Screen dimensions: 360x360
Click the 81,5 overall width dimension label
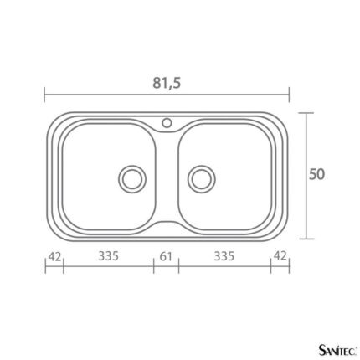(x=167, y=83)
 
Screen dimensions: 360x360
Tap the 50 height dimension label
(x=316, y=174)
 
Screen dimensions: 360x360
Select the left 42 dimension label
(x=54, y=257)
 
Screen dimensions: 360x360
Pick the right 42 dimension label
(x=280, y=255)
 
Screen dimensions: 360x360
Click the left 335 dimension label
(x=108, y=256)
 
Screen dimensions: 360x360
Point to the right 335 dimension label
(x=224, y=256)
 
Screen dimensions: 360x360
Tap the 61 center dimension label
(x=166, y=256)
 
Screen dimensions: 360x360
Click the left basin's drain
(x=132, y=179)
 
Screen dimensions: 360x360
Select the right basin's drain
(x=202, y=179)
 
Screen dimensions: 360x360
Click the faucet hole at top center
(x=167, y=122)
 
